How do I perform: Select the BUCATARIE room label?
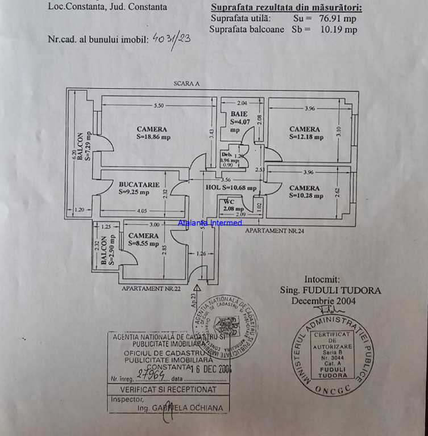coord(139,185)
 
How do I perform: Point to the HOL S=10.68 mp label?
coord(231,187)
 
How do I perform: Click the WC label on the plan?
coord(229,202)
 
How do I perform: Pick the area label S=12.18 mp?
coord(306,137)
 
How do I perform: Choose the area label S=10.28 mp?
coord(306,196)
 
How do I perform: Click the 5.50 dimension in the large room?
coord(159,106)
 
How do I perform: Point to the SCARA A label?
coord(187,83)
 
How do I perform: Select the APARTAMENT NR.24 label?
coord(275,231)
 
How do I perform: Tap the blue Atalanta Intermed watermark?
coord(210,223)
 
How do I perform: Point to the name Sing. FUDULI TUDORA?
coord(330,290)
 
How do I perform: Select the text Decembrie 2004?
coord(323,301)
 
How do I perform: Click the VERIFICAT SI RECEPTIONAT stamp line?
coord(168,389)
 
